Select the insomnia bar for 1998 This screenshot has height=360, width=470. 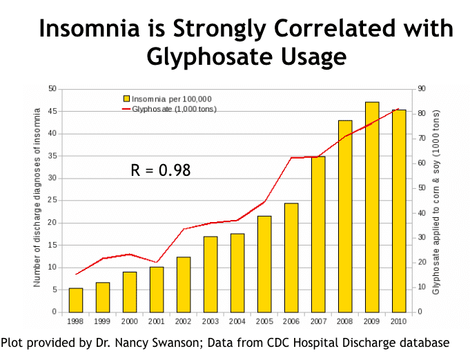(76, 300)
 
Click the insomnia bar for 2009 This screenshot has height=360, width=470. (372, 207)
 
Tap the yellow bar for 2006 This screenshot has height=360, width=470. (291, 257)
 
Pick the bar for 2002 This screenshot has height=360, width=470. (184, 284)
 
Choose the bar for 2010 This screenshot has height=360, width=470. (399, 210)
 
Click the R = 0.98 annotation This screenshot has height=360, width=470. (161, 170)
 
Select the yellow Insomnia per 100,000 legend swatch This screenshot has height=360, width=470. (126, 99)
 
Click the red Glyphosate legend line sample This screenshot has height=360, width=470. (126, 109)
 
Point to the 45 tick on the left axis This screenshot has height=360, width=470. (52, 111)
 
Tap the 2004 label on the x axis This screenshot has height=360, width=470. (237, 321)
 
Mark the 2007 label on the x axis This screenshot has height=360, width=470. (318, 321)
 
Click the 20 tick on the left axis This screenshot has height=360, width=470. (52, 223)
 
